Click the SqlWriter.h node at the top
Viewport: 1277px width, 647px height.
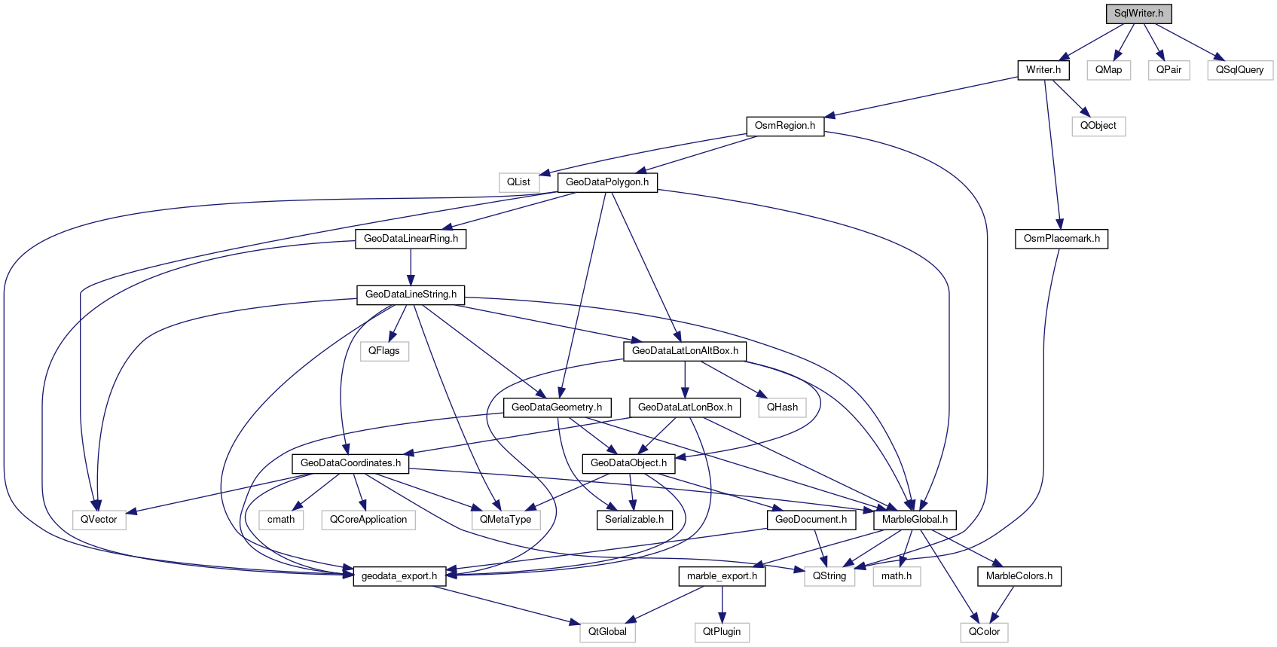(1138, 14)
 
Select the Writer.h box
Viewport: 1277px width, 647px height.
(1043, 70)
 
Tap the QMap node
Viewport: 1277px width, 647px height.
(1108, 70)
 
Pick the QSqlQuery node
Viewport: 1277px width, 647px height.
(1239, 70)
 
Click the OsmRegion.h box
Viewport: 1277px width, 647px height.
(784, 126)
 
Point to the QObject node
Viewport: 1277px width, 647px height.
(1098, 126)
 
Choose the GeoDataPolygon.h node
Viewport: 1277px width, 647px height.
(606, 182)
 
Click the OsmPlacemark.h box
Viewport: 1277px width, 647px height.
(1061, 239)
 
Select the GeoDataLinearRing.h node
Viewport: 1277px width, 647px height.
(411, 239)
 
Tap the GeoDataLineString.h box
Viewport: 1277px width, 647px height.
(411, 295)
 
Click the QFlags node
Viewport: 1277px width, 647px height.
(383, 351)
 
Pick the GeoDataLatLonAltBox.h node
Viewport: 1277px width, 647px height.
(685, 351)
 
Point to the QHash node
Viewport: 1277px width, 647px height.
(782, 407)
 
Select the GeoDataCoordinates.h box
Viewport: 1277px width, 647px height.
(350, 463)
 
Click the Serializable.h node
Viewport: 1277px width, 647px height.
(634, 520)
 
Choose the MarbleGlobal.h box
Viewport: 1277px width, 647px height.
(915, 520)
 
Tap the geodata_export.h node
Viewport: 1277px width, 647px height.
(399, 576)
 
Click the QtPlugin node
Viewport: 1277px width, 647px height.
(721, 632)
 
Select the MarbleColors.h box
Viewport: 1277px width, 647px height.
(1019, 576)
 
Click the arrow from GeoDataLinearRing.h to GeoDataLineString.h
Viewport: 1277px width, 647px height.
(411, 267)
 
